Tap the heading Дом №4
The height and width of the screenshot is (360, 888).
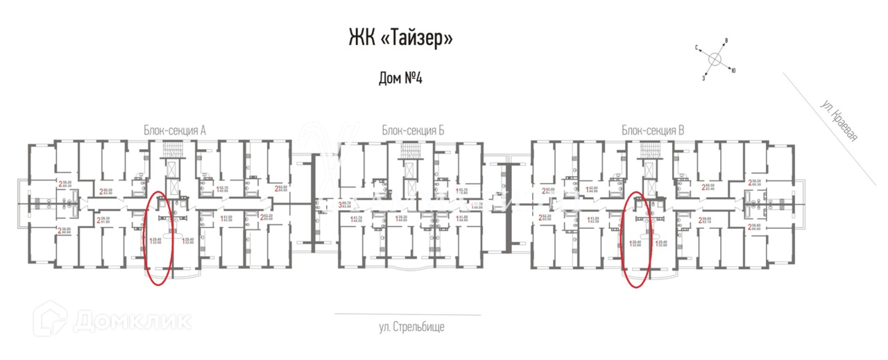(400, 78)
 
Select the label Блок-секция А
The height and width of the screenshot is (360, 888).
(176, 130)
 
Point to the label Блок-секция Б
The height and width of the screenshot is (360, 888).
(412, 130)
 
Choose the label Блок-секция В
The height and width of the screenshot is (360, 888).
(653, 130)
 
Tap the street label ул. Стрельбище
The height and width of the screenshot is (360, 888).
(411, 326)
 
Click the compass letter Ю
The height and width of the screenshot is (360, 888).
(734, 70)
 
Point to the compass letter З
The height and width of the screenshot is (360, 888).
(703, 78)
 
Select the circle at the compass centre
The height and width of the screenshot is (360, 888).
(715, 60)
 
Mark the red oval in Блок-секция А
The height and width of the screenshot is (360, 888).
(158, 238)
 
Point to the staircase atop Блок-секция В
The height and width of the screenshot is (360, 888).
(649, 150)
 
